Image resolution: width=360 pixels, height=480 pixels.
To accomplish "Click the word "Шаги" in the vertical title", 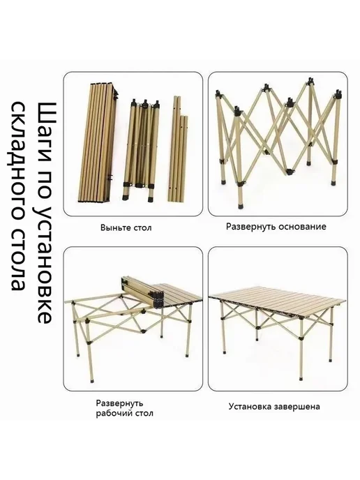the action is tap(47, 130).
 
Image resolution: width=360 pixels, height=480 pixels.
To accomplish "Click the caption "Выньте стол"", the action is tap(126, 227).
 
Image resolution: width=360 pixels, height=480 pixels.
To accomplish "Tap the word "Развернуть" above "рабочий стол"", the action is tap(119, 403).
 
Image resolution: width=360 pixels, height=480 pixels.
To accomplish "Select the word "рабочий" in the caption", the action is tap(113, 414).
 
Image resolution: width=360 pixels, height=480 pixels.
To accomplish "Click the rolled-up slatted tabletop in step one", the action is tap(98, 142).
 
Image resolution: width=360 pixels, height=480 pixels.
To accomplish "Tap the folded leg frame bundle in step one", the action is tap(141, 150).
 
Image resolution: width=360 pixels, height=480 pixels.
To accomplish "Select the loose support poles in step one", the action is tap(178, 149).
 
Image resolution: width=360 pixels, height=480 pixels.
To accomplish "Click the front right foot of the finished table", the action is tap(300, 377).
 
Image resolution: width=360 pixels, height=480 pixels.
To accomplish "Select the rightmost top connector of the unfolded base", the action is tap(338, 93).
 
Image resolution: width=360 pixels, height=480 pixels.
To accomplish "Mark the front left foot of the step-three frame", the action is tap(92, 382).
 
